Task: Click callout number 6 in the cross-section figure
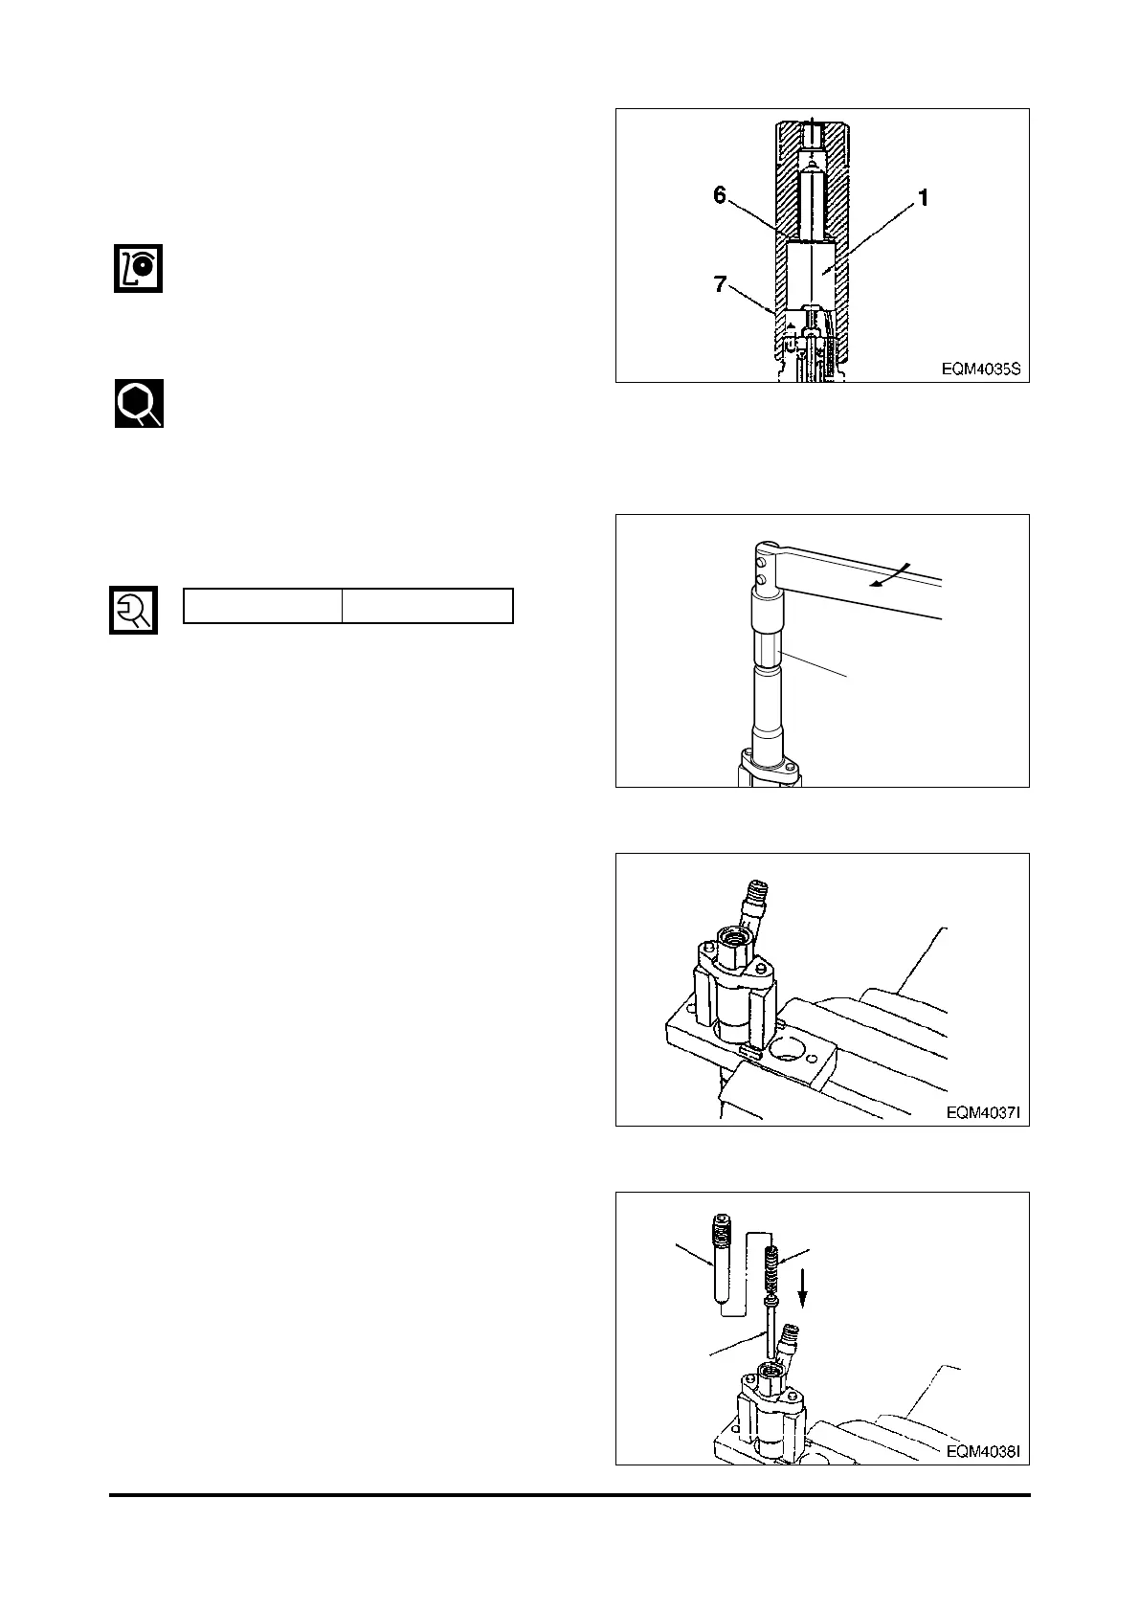point(720,195)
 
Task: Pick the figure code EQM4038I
point(981,1451)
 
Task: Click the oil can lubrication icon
point(139,268)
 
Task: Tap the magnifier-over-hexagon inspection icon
point(139,403)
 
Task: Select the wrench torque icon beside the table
point(133,610)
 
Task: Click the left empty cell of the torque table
point(262,606)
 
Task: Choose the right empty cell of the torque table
point(428,606)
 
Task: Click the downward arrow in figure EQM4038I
point(804,1291)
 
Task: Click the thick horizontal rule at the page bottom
point(569,1495)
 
